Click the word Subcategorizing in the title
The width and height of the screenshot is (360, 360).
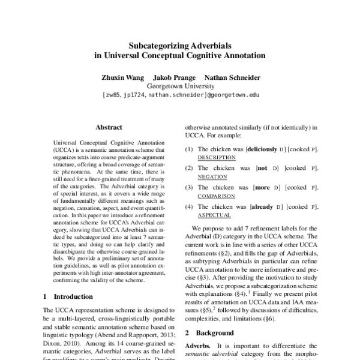click(157, 44)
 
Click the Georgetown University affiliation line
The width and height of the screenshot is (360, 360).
click(180, 86)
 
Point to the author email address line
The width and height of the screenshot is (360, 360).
click(180, 95)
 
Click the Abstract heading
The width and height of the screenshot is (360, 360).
click(109, 127)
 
